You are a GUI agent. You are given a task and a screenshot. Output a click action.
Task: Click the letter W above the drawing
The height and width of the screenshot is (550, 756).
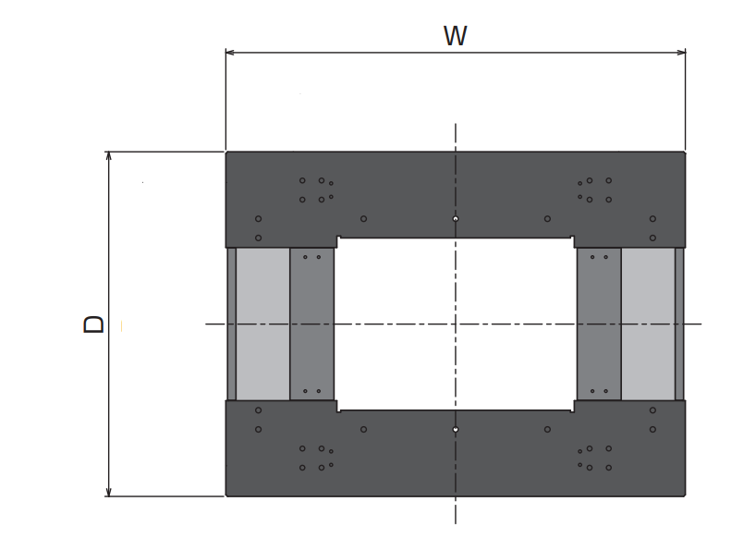click(455, 36)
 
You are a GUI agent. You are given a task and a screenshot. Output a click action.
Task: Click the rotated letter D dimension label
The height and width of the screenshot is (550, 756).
click(93, 324)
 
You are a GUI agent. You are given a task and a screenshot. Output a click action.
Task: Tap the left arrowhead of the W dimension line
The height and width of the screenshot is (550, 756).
click(230, 52)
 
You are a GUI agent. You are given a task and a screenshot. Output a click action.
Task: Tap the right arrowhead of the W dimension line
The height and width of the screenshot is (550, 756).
click(681, 52)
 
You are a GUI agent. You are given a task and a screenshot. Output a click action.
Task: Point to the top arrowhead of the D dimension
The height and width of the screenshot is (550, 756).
click(108, 156)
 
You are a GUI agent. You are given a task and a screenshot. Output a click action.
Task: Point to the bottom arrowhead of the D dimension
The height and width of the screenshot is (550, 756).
click(108, 492)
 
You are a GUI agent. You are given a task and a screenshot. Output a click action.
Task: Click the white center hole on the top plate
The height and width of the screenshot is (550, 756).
click(456, 219)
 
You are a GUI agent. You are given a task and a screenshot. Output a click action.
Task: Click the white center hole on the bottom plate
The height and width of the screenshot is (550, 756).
click(456, 429)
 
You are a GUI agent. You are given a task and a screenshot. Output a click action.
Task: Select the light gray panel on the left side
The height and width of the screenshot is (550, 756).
click(262, 324)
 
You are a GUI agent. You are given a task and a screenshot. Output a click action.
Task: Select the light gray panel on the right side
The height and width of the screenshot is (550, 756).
click(648, 324)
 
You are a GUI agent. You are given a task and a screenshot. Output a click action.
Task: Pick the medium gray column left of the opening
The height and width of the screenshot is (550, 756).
click(312, 324)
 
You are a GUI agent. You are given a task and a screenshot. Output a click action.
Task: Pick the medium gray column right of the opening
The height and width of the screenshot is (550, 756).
click(599, 324)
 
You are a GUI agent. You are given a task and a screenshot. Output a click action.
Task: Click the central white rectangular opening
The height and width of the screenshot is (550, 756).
click(456, 324)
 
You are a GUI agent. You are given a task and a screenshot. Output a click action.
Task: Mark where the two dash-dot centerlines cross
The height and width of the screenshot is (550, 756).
click(456, 324)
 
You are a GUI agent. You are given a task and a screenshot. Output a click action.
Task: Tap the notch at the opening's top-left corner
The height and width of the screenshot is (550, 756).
click(338, 238)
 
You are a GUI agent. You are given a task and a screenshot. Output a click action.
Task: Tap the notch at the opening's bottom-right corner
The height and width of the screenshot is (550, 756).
click(573, 410)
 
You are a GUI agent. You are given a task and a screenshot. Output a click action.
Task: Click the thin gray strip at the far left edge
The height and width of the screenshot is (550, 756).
click(231, 324)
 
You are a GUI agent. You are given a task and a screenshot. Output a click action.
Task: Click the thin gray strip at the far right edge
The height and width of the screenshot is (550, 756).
click(679, 324)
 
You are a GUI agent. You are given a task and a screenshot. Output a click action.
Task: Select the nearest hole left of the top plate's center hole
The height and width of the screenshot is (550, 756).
click(363, 219)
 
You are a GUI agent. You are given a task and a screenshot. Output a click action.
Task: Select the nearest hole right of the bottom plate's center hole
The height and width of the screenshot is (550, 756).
click(547, 429)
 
